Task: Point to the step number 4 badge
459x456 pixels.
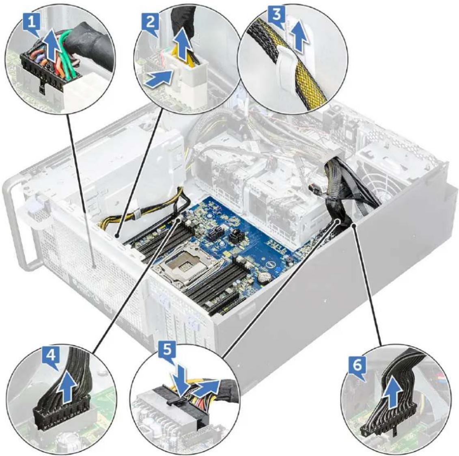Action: (51, 355)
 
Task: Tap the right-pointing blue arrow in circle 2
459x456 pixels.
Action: (158, 79)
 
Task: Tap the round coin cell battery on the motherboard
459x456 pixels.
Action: (265, 277)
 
